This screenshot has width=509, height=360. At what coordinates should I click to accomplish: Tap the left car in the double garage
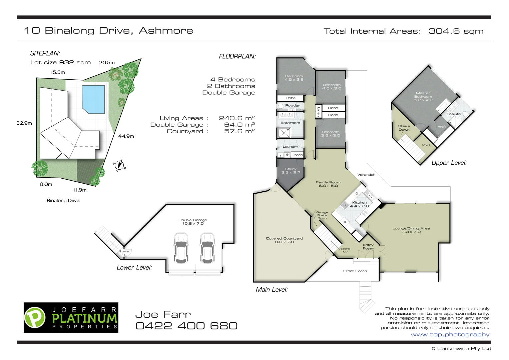(x=180, y=248)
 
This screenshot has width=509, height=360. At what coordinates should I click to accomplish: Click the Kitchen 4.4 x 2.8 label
(x=359, y=204)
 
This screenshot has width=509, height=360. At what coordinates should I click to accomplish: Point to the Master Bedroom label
(x=423, y=97)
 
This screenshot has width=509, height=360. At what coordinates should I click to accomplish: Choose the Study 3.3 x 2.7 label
(x=291, y=171)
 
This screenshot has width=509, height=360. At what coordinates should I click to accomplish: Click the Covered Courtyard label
(x=285, y=240)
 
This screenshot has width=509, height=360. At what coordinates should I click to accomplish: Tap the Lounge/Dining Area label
(x=411, y=230)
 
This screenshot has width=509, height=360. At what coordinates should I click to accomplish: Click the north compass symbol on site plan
(x=119, y=165)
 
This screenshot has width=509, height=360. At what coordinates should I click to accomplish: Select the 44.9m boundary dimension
(x=126, y=136)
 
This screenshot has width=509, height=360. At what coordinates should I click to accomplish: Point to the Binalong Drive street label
(x=63, y=200)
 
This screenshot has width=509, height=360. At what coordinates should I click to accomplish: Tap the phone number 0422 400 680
(x=186, y=326)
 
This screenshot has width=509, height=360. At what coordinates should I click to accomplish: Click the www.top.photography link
(x=450, y=335)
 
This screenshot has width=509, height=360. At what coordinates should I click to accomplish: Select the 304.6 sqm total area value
(x=456, y=31)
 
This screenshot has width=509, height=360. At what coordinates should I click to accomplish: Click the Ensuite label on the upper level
(x=454, y=114)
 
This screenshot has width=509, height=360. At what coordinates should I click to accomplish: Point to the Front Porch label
(x=355, y=271)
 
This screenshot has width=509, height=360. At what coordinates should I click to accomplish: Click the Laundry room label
(x=290, y=147)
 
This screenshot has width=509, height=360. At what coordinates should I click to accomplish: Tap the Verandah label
(x=366, y=175)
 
